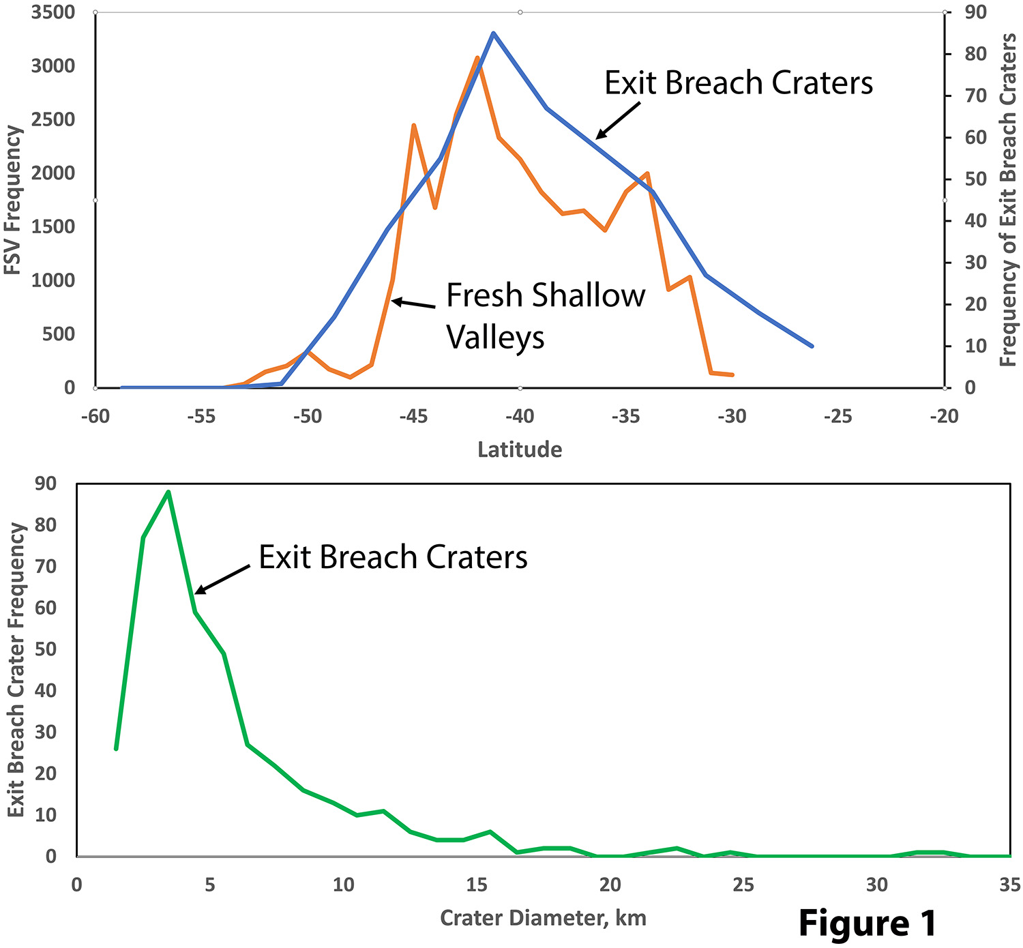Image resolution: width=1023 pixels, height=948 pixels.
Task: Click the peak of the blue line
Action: [x=493, y=33]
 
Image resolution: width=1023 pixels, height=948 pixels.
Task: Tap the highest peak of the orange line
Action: [x=477, y=58]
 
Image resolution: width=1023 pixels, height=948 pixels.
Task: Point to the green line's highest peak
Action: [x=168, y=492]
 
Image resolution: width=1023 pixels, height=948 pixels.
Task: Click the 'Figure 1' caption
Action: [x=868, y=923]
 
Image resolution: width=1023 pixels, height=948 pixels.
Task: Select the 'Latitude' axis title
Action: [x=520, y=449]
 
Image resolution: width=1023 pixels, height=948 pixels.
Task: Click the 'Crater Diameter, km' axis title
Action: [x=543, y=917]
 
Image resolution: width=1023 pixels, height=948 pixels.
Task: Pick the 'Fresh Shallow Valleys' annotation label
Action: [x=546, y=316]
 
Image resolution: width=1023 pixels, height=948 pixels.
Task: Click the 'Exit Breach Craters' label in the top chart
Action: [x=739, y=83]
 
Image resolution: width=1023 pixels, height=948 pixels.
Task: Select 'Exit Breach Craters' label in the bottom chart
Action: [x=393, y=557]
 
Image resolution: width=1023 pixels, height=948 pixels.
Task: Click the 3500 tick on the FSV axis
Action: [x=53, y=12]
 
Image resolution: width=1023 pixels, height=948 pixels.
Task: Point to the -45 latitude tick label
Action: [x=413, y=416]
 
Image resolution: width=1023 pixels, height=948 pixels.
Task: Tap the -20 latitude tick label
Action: [x=944, y=416]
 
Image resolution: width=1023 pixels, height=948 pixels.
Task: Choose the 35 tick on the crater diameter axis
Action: [x=1009, y=885]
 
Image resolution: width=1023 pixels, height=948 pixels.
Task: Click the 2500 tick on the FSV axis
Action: [x=53, y=119]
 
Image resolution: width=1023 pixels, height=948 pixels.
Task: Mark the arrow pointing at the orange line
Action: [x=413, y=303]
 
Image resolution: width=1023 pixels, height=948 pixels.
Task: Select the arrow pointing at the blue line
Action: [x=618, y=120]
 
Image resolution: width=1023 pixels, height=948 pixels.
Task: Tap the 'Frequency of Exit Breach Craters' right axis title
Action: [x=1007, y=200]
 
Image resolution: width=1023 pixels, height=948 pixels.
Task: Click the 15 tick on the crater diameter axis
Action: [x=477, y=885]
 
